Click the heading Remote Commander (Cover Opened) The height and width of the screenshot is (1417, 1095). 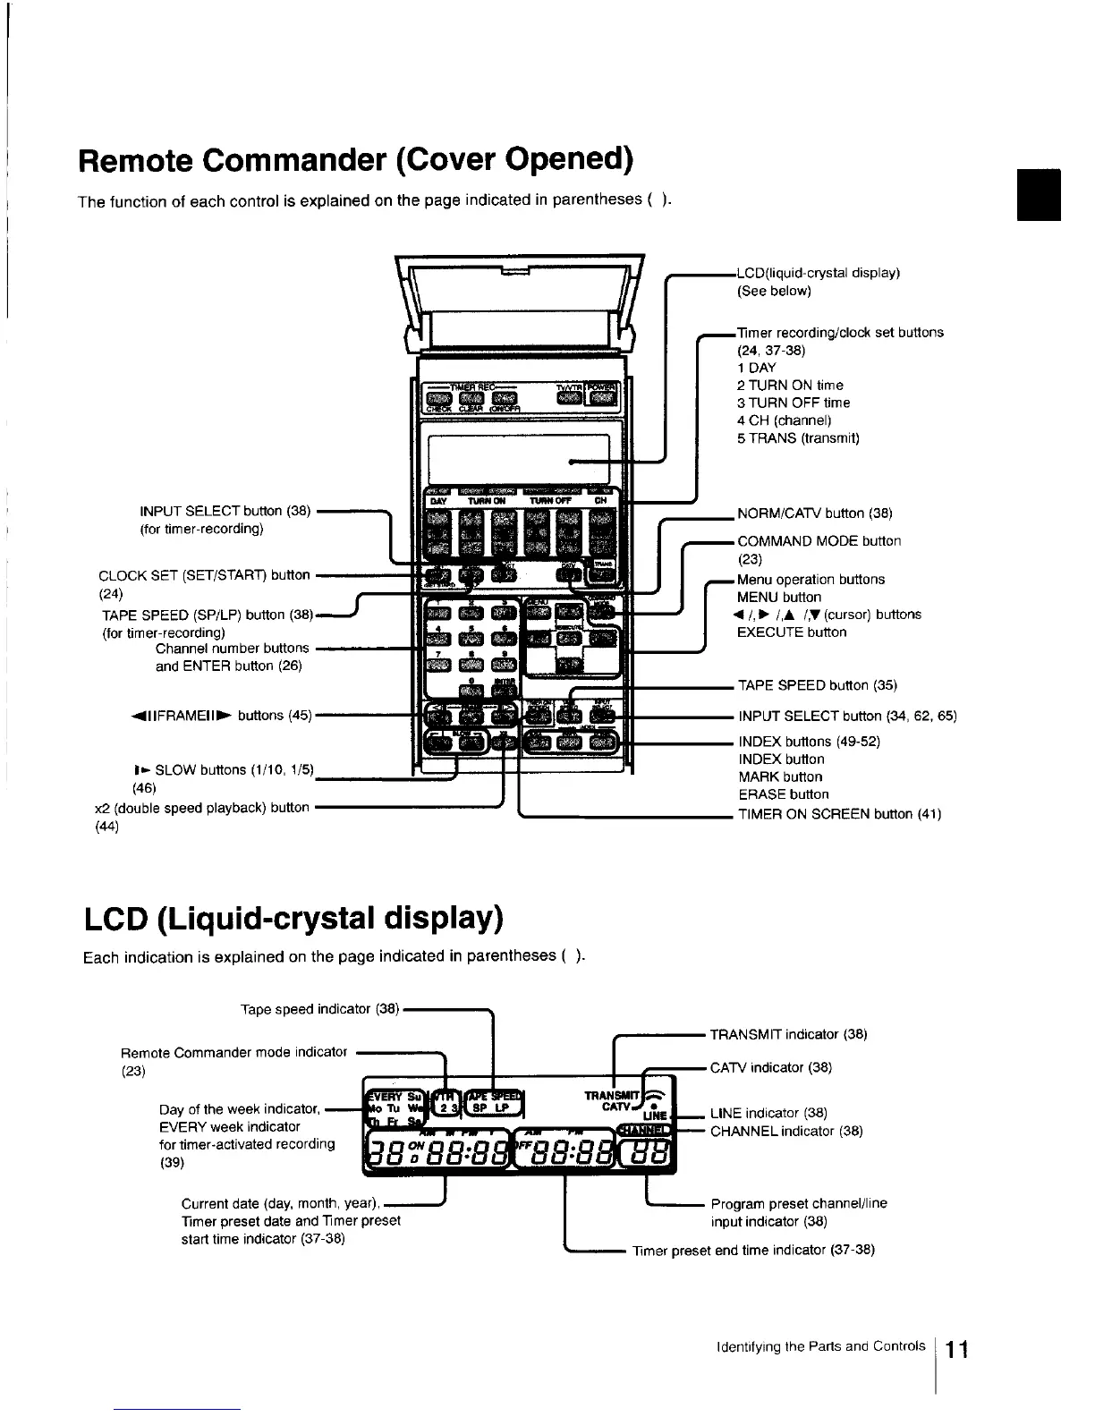(356, 160)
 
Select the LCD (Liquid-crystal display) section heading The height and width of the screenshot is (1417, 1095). (293, 919)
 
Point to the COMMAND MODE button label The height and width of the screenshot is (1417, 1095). (819, 541)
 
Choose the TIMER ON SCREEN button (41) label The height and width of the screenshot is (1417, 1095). (839, 814)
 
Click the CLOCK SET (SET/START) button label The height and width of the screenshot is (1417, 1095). (204, 575)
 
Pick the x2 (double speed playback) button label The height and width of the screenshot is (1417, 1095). (201, 807)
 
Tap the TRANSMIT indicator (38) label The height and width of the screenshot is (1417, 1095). (788, 1034)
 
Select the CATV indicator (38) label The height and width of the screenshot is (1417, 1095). (771, 1067)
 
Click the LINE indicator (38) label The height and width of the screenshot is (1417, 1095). (768, 1114)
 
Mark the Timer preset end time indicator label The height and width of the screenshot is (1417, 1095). (753, 1250)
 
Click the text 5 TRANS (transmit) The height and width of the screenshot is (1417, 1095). (798, 438)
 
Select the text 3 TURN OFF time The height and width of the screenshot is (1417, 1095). (794, 403)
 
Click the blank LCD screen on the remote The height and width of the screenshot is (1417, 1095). (517, 458)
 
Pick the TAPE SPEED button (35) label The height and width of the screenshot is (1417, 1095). (817, 686)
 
